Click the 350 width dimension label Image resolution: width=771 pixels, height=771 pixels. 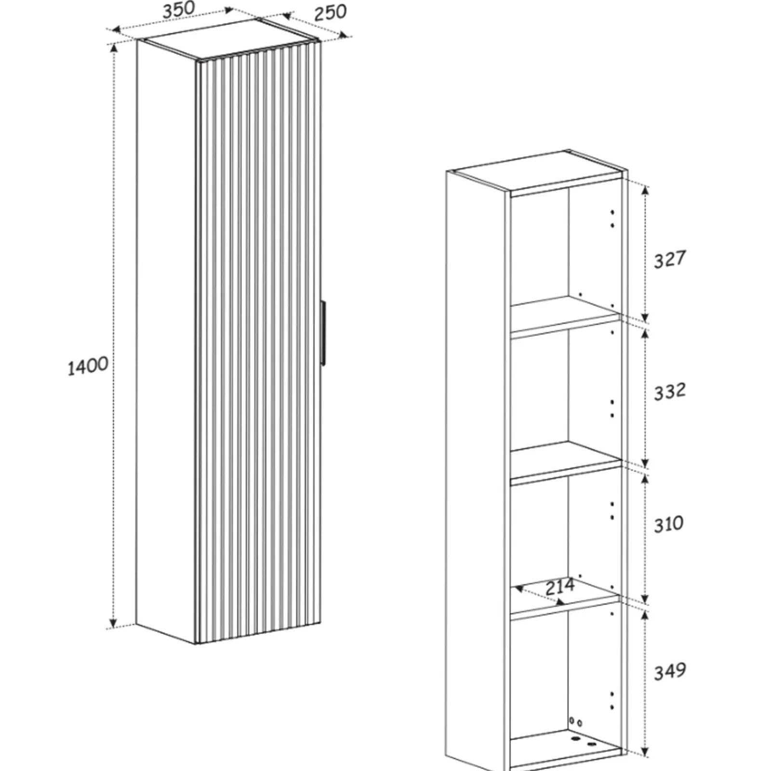tap(179, 10)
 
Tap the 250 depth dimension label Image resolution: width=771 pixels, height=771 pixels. tap(331, 13)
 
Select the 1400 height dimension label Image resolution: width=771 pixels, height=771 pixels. tap(88, 366)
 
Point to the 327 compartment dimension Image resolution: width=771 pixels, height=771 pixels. tap(669, 259)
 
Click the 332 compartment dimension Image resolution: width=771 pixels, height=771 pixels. tap(669, 391)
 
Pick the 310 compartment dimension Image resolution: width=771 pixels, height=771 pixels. tap(668, 524)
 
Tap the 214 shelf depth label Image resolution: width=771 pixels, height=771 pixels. tap(560, 586)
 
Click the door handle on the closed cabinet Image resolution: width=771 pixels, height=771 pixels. tap(323, 333)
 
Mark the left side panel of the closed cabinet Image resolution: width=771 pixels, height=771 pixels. tap(166, 342)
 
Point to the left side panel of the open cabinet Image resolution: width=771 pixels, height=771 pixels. tap(476, 470)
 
